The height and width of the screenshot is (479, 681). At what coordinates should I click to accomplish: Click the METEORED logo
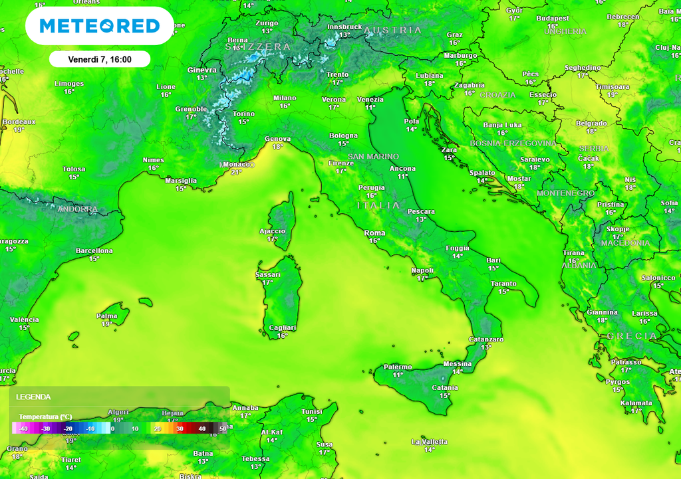click(x=100, y=26)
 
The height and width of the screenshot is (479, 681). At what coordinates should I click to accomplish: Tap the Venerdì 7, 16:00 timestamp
click(x=100, y=59)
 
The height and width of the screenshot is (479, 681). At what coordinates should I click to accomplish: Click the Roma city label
click(x=374, y=233)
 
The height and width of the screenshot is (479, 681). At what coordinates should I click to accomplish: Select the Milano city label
click(x=285, y=98)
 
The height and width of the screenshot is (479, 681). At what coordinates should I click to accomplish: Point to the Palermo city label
click(x=398, y=367)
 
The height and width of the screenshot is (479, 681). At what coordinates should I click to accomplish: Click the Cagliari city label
click(x=283, y=328)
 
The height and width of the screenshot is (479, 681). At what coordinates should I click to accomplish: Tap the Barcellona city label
click(x=94, y=251)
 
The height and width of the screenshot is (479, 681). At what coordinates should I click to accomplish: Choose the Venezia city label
click(x=370, y=100)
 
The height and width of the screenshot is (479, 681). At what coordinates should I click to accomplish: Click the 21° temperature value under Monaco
click(x=236, y=172)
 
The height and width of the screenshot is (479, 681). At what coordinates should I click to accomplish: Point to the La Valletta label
click(x=429, y=442)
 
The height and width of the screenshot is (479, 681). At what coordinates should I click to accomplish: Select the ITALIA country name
click(x=379, y=205)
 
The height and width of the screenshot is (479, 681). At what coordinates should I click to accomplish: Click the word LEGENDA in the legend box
click(x=33, y=397)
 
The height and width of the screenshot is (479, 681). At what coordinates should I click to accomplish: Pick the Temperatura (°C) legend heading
click(x=45, y=417)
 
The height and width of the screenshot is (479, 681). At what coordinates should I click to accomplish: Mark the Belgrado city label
click(x=591, y=124)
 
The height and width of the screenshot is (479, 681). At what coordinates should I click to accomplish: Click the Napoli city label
click(x=422, y=270)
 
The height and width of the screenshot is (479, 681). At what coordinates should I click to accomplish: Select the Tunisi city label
click(x=311, y=411)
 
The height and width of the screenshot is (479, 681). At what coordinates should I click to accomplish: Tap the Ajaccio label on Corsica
click(x=272, y=231)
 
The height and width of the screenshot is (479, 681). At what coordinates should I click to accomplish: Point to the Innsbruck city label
click(x=344, y=27)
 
